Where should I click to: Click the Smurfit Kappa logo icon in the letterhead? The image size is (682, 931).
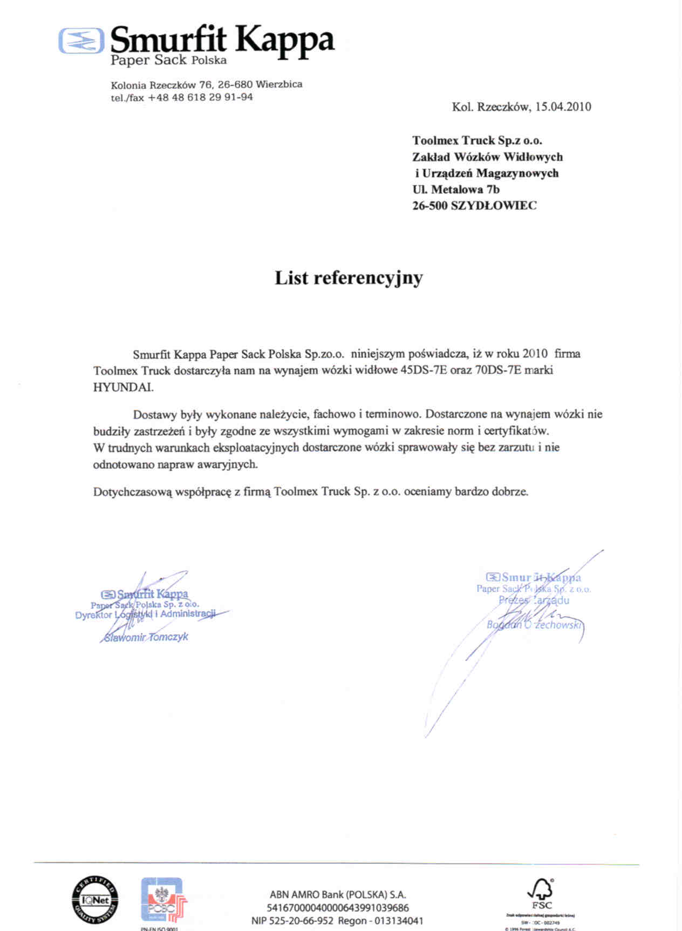81,41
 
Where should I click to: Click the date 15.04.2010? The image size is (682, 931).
563,107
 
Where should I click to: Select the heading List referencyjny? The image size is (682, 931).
349,278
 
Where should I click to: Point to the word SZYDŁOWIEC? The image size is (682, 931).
494,206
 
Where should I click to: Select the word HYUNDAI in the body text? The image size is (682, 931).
123,387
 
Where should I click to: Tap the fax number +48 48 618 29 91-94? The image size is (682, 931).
200,98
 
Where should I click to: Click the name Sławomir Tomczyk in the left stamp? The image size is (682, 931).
146,637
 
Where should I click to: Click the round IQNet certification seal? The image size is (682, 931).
95,900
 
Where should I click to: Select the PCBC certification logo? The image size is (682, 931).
163,900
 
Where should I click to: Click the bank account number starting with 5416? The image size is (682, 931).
338,908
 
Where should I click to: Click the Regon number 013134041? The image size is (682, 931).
399,921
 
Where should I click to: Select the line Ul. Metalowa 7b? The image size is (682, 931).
456,190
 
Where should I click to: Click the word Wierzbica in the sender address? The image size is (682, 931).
279,84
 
